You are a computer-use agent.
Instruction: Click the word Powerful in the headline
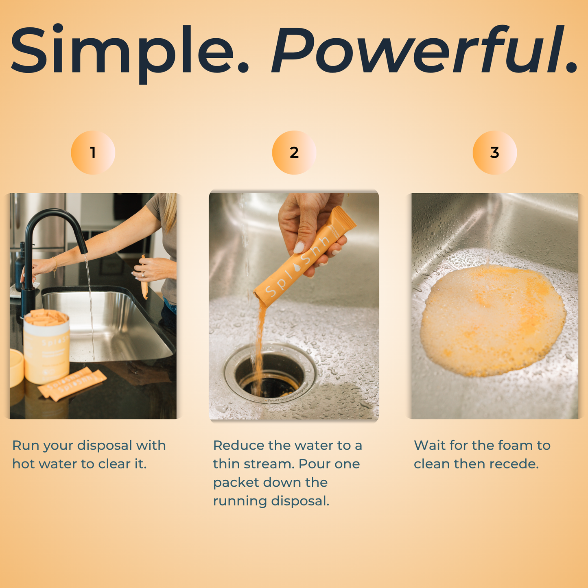423,51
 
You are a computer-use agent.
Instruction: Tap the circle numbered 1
93,153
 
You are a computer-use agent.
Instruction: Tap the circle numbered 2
294,153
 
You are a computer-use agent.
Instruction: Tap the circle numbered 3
494,153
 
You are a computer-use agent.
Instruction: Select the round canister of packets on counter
46,346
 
